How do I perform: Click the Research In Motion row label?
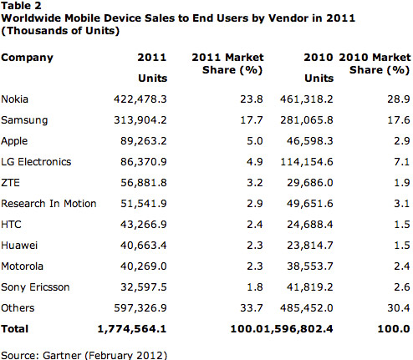tap(49, 203)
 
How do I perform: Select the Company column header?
tap(28, 58)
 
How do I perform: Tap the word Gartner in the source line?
tap(61, 353)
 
